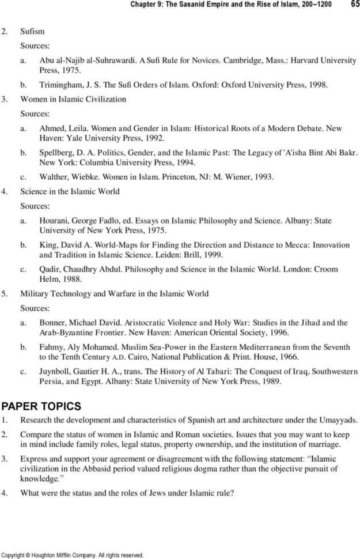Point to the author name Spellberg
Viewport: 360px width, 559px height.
point(56,155)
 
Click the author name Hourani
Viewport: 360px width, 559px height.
point(54,220)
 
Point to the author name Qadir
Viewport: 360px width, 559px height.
point(50,269)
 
